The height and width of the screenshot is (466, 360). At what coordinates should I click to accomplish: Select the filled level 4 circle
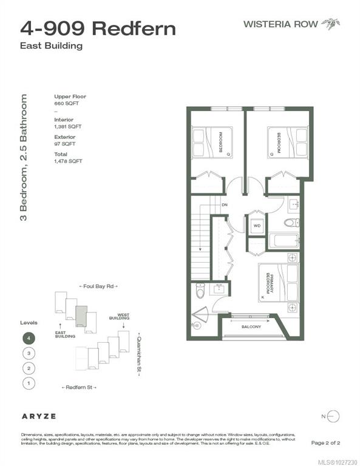28,338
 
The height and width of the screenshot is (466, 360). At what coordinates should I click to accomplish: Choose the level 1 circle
28,383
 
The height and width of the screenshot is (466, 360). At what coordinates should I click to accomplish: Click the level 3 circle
28,353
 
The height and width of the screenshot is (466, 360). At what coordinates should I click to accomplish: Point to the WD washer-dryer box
257,225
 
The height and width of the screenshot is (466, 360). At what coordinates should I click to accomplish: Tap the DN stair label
224,206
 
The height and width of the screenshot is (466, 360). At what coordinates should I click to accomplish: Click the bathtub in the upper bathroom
284,241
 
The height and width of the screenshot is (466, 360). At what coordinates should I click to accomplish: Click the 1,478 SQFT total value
68,161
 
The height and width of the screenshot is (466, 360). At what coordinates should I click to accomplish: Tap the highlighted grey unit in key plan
81,315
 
